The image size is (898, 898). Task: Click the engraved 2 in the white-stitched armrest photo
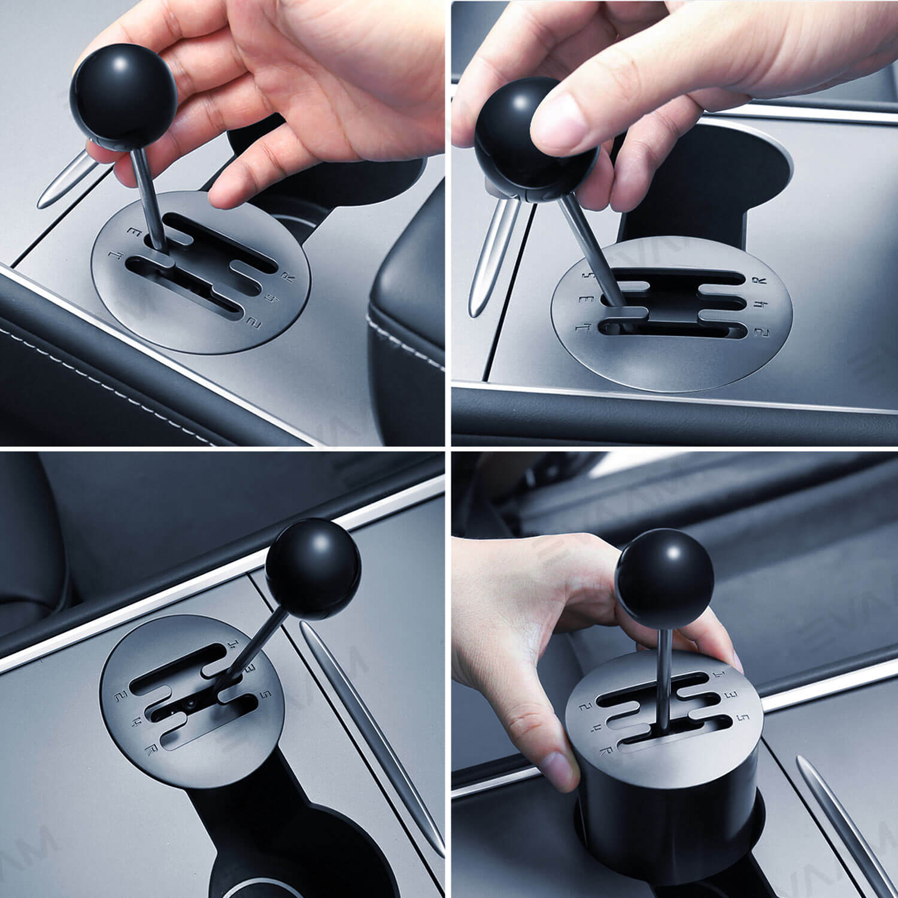coord(256,324)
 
